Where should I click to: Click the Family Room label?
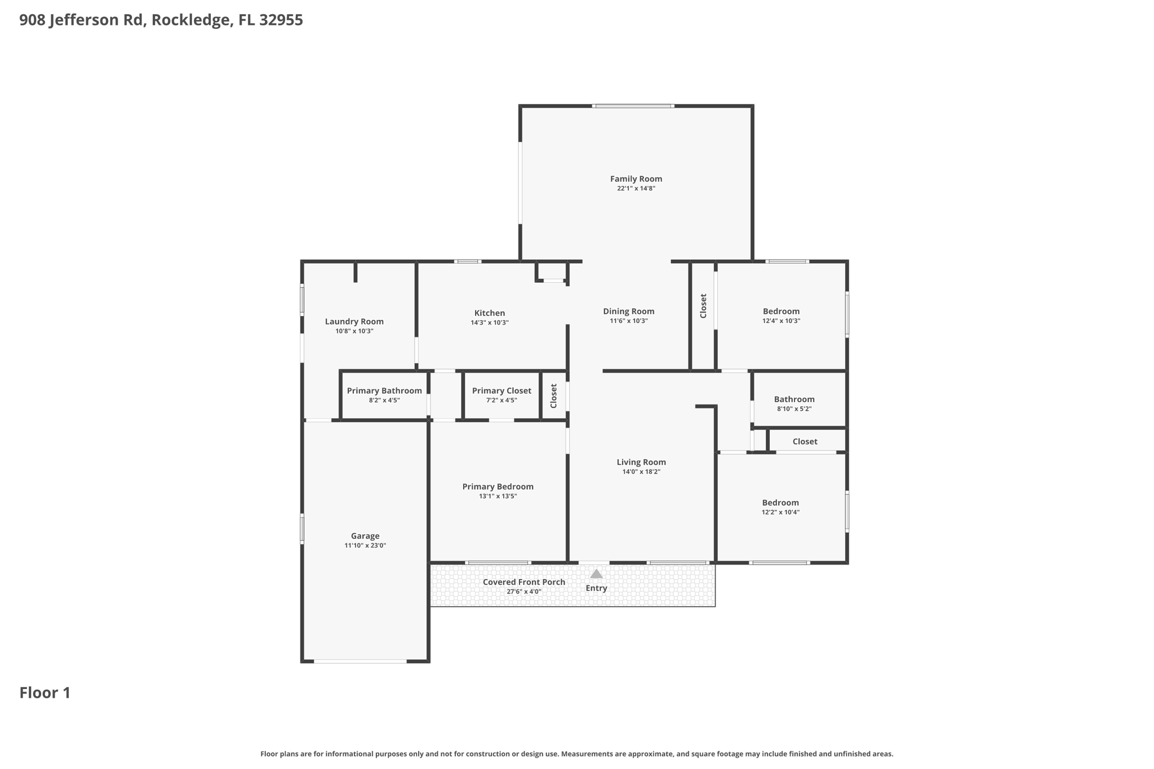[636, 179]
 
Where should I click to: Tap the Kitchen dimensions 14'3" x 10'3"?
[490, 323]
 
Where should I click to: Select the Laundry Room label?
[354, 322]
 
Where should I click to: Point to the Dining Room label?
[629, 312]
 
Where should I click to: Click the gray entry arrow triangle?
[596, 574]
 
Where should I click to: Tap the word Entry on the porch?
[596, 588]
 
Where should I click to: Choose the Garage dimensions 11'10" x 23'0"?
[365, 545]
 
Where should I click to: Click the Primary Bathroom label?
[384, 391]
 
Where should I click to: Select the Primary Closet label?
[501, 391]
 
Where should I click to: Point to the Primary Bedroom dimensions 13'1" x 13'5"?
[498, 496]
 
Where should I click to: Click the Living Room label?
[641, 463]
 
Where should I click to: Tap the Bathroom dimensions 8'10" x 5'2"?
[795, 409]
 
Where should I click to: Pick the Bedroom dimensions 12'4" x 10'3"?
[781, 321]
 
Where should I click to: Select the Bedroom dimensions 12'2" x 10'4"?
[780, 513]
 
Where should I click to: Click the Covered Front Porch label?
[524, 582]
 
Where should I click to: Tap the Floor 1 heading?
[45, 693]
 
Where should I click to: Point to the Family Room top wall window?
[633, 106]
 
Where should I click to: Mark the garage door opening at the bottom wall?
[360, 661]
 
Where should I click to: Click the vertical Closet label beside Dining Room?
[703, 306]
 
